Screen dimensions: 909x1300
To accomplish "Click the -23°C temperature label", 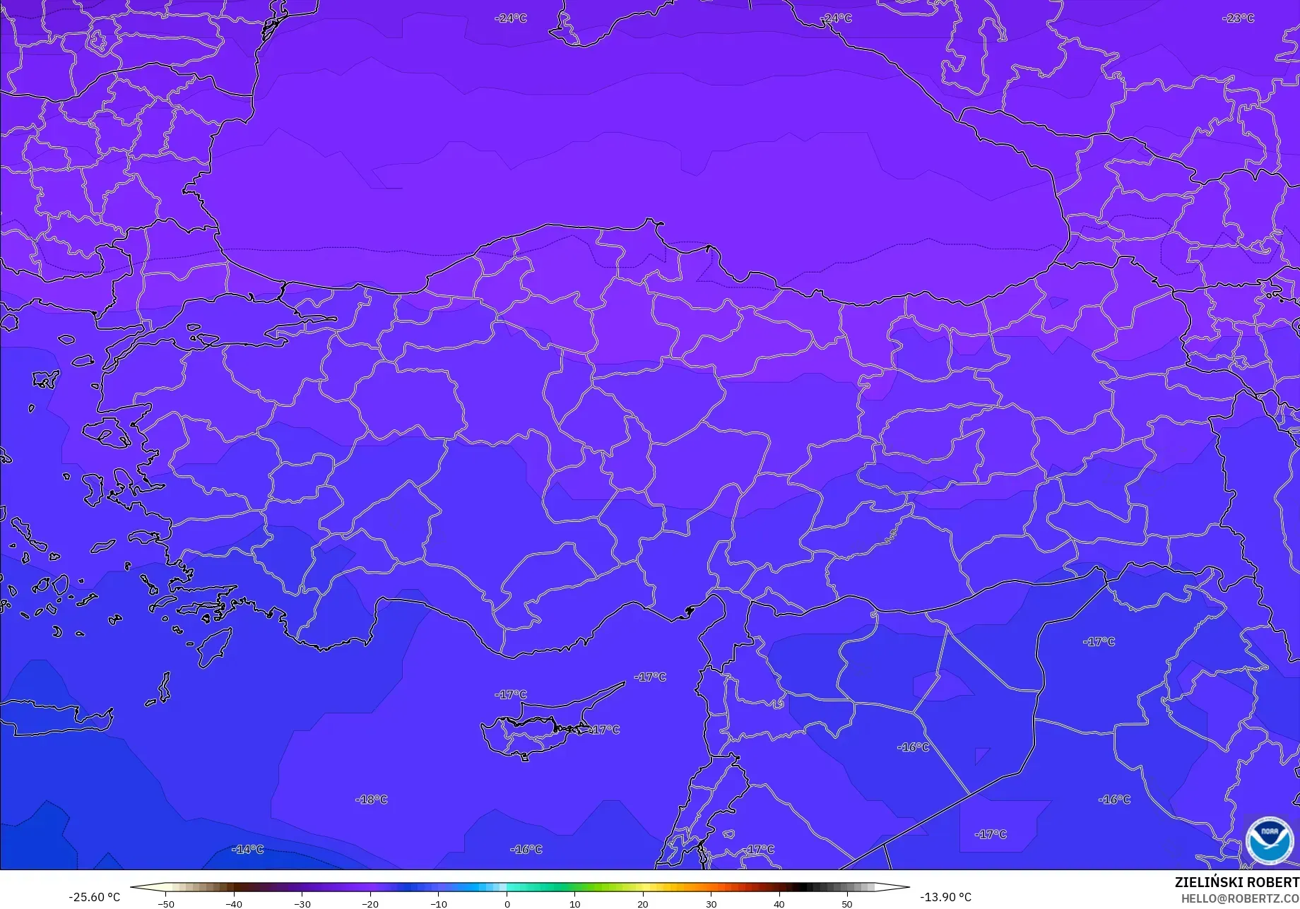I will pos(1239,18).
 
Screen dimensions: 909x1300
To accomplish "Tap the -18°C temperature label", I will pos(371,800).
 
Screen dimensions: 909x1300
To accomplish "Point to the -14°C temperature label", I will pos(247,849).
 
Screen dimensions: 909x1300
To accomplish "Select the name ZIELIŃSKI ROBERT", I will pos(1236,882).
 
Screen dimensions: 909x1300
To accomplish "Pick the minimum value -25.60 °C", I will pos(94,897).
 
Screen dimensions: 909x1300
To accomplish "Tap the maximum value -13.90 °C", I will pos(945,897).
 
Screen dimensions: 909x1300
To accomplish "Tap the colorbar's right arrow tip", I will pos(909,887).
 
